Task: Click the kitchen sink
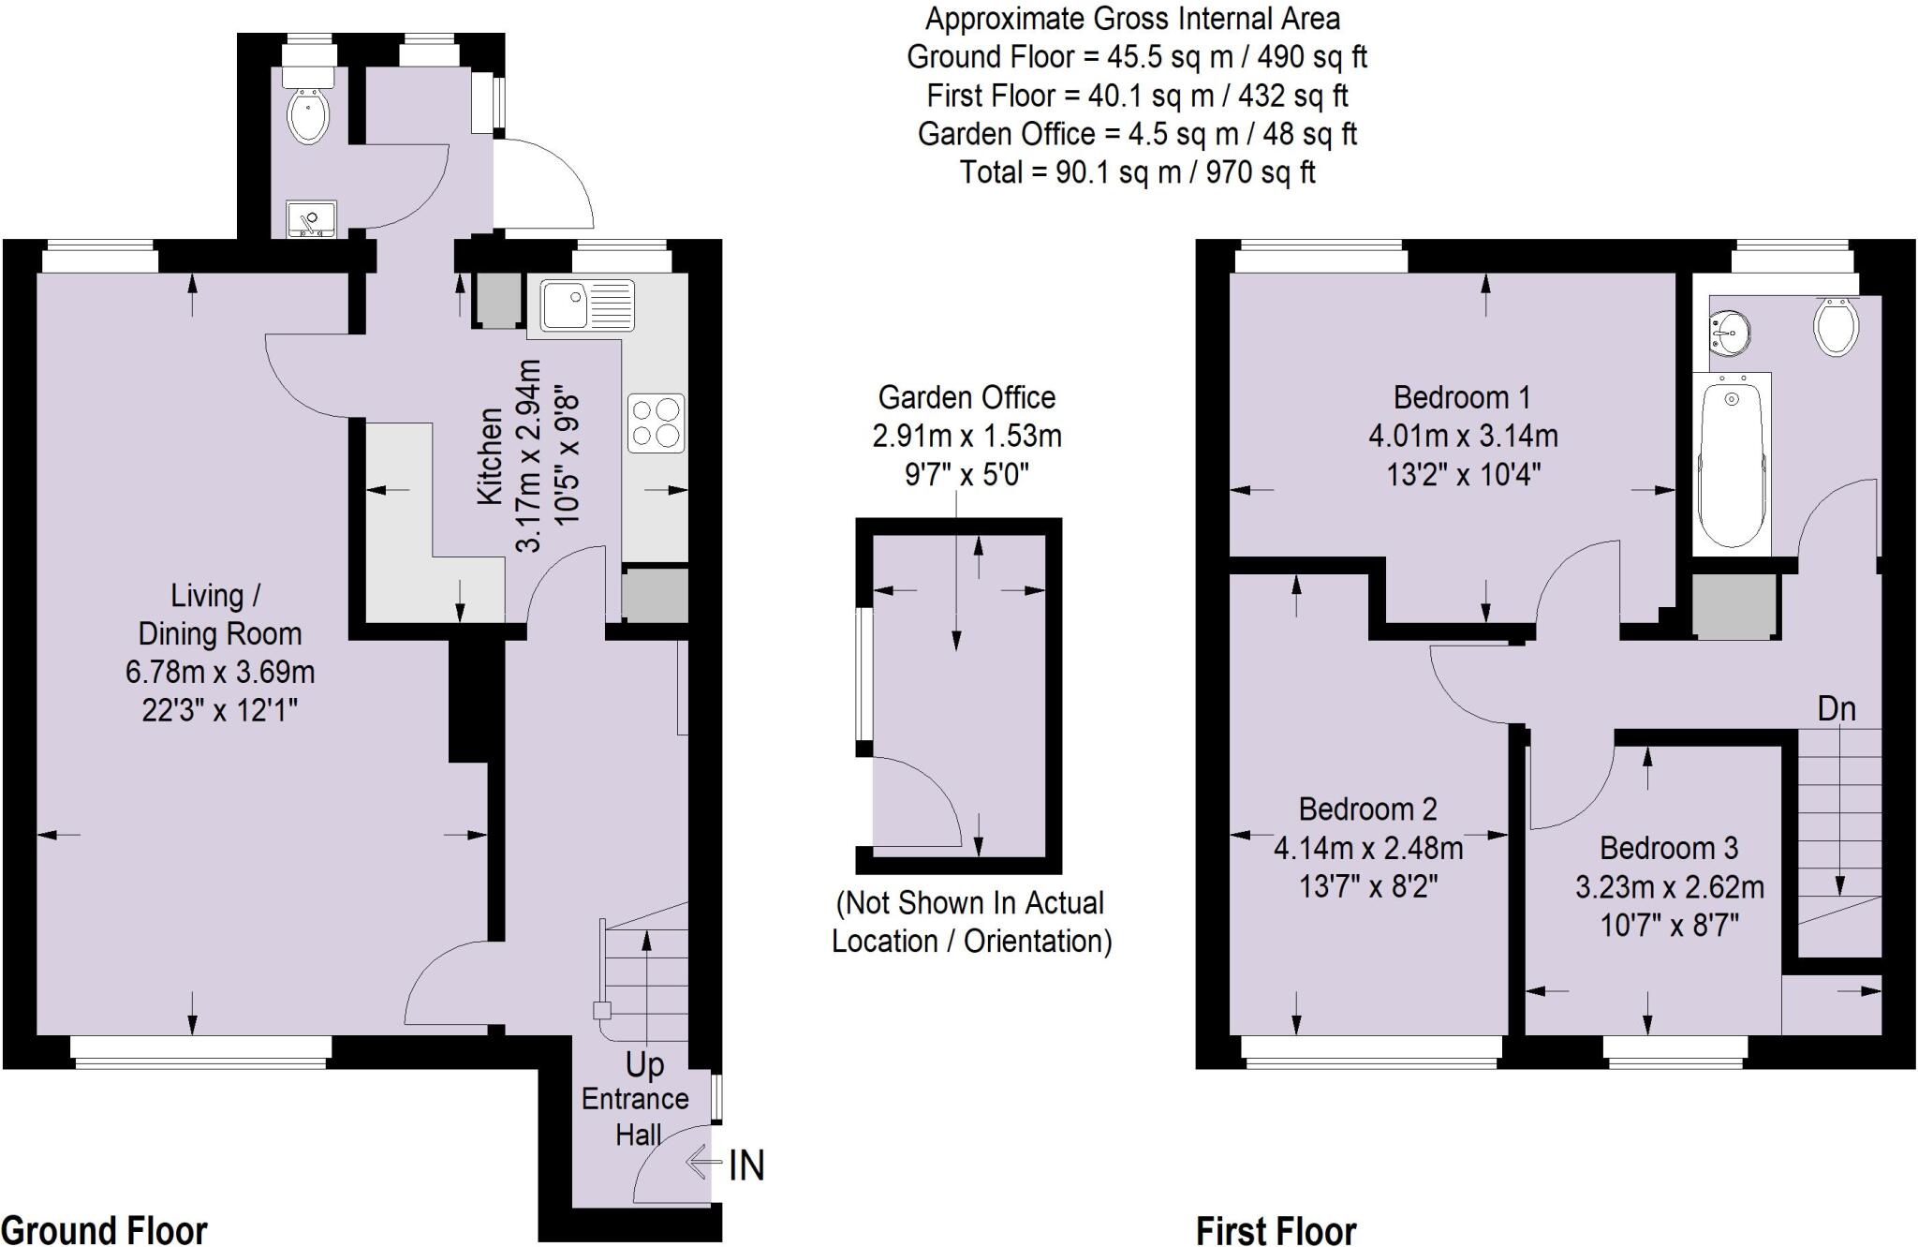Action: point(587,305)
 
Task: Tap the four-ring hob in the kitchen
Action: point(656,423)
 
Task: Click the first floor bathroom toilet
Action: point(1836,326)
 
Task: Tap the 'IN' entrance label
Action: point(746,1165)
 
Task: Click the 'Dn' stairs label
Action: point(1836,708)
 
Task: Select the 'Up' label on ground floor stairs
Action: point(644,1064)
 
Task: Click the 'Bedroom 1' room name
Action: point(1461,397)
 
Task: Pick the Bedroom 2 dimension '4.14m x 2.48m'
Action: point(1367,848)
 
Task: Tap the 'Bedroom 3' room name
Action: point(1668,848)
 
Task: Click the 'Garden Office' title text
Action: point(966,397)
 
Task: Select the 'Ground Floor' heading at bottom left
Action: point(104,1229)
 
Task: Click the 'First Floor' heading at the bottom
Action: point(1276,1229)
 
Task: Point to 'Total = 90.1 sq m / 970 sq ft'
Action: point(1137,172)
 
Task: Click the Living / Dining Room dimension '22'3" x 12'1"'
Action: point(219,710)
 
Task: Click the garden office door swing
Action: point(913,804)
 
